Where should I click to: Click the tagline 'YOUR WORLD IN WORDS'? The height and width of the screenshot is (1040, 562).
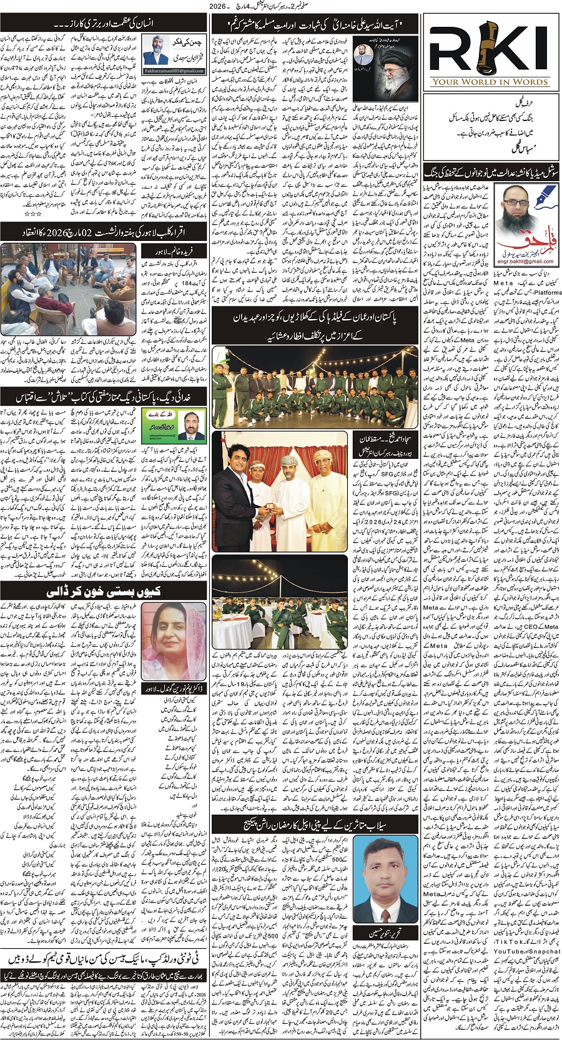[491, 81]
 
